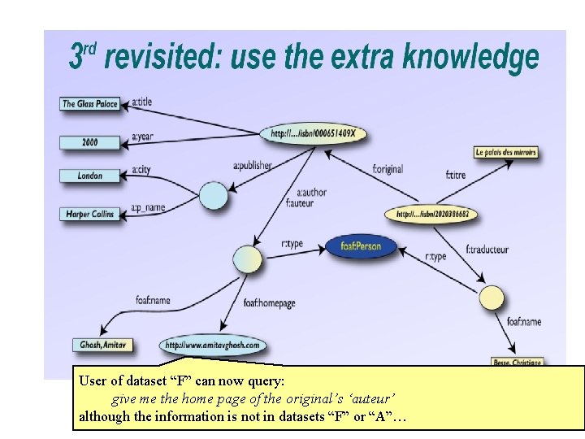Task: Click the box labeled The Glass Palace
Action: [90, 103]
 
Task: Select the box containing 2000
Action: [90, 142]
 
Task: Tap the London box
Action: [90, 176]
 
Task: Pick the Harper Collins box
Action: [90, 214]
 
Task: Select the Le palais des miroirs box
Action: [505, 152]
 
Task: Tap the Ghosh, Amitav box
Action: [102, 345]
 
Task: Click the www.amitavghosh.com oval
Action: [213, 345]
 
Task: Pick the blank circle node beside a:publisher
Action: [214, 195]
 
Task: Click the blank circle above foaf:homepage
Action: [247, 259]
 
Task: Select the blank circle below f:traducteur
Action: [492, 298]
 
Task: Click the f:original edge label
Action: [388, 170]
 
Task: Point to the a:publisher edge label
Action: [252, 166]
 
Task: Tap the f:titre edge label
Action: [457, 174]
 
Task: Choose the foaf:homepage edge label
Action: [269, 303]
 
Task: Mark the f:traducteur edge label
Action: [487, 250]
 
